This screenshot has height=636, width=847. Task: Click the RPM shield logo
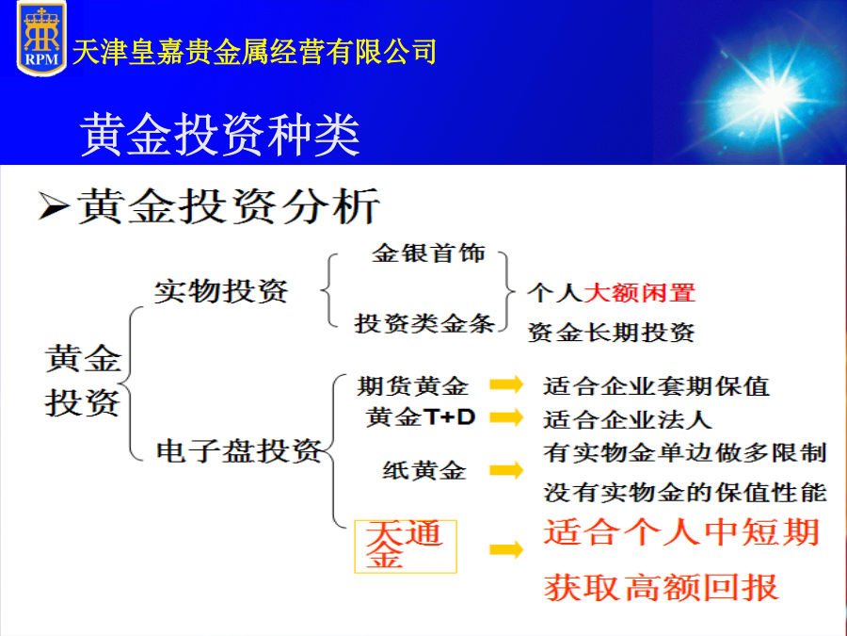[41, 39]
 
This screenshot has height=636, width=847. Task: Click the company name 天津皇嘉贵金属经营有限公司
[254, 52]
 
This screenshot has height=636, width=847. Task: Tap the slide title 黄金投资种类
[220, 135]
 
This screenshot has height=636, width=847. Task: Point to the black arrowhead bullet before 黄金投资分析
[54, 206]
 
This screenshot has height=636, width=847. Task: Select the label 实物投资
[221, 291]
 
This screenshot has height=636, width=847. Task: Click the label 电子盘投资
[239, 451]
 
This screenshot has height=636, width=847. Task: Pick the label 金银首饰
[428, 253]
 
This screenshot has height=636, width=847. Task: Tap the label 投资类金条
[424, 323]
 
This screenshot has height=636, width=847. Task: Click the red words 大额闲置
[640, 293]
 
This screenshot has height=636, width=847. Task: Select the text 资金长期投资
[611, 332]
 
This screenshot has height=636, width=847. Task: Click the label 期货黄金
[412, 386]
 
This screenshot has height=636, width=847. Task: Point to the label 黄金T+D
[421, 417]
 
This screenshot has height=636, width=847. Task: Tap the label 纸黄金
[424, 470]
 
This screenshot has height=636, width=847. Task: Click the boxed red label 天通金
[405, 546]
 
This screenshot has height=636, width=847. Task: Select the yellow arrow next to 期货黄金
[506, 384]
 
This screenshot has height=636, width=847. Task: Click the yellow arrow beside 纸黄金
[506, 470]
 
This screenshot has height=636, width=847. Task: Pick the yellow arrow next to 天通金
[506, 550]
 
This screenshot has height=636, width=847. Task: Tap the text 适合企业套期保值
[656, 386]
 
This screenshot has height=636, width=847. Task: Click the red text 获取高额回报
[662, 587]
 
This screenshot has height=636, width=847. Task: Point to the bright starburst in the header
[775, 93]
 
